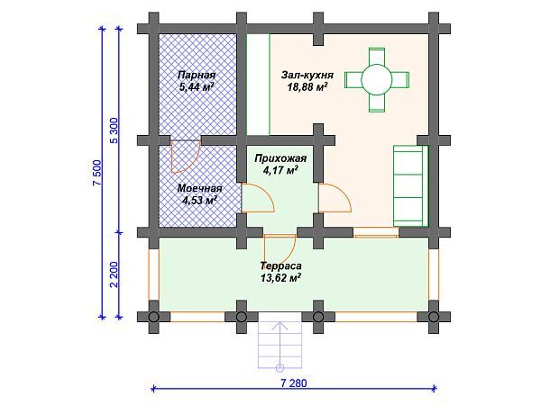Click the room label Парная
point(196,76)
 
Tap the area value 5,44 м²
point(196,88)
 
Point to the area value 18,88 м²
point(307,88)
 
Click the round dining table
point(377,80)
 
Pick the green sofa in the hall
point(407,184)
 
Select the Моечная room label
point(199,188)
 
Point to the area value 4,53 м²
point(198,201)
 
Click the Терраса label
point(280,266)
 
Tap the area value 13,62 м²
point(280,279)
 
